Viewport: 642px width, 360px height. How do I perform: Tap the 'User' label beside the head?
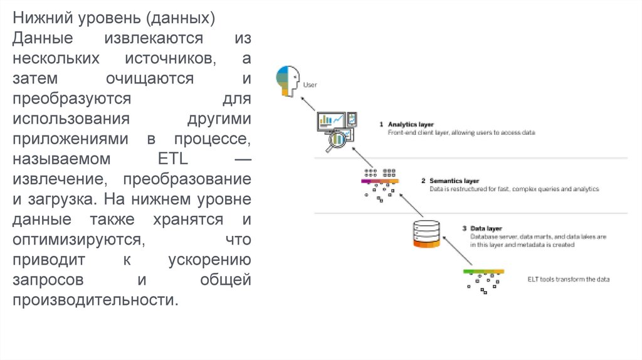pos(310,83)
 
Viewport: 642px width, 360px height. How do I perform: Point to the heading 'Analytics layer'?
pos(411,124)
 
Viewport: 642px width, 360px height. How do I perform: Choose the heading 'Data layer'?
pos(486,228)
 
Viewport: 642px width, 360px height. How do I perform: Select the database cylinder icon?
pos(425,234)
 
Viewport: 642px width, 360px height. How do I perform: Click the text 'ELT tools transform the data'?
pos(568,279)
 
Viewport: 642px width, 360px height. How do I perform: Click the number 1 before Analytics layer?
pos(381,124)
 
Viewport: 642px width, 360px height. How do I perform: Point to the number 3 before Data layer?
pos(464,228)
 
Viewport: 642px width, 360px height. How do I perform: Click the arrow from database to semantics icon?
pos(408,206)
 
